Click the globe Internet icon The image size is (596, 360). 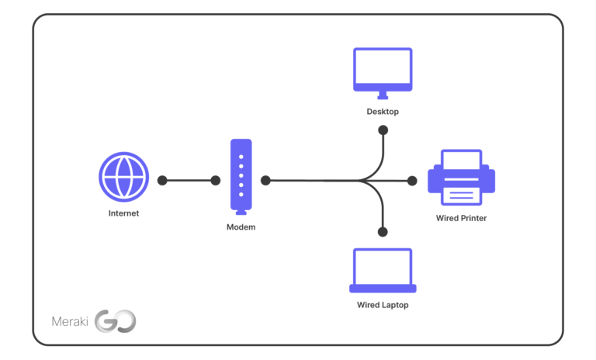click(123, 177)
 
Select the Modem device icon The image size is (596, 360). click(241, 176)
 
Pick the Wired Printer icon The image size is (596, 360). click(461, 178)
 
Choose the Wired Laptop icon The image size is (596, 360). click(383, 270)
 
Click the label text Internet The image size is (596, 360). click(123, 213)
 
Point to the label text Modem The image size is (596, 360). click(241, 227)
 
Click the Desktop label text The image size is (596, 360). click(383, 112)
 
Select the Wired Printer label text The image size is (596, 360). click(461, 219)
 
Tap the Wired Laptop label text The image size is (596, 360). click(383, 305)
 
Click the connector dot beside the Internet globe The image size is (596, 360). click(162, 180)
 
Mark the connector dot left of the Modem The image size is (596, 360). click(216, 180)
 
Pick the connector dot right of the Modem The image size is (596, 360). click(265, 180)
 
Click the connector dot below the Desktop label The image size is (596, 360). click(383, 130)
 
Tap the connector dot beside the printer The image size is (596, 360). click(413, 180)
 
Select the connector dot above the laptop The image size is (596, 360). click(383, 231)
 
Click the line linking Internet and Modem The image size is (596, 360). click(189, 180)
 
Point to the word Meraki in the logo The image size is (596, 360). click(70, 321)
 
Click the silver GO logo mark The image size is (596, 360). click(115, 321)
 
